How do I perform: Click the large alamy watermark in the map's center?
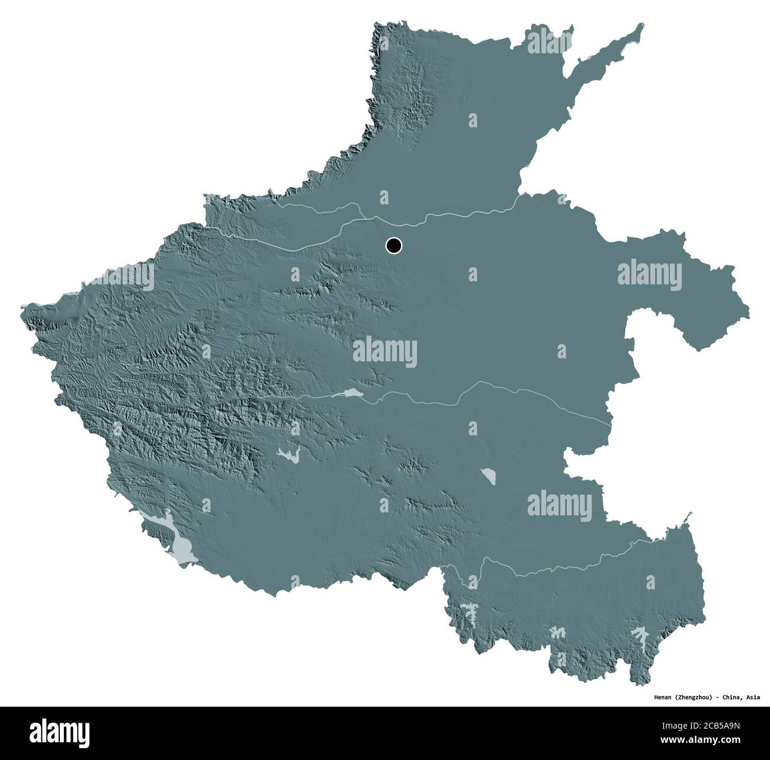click(384, 352)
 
